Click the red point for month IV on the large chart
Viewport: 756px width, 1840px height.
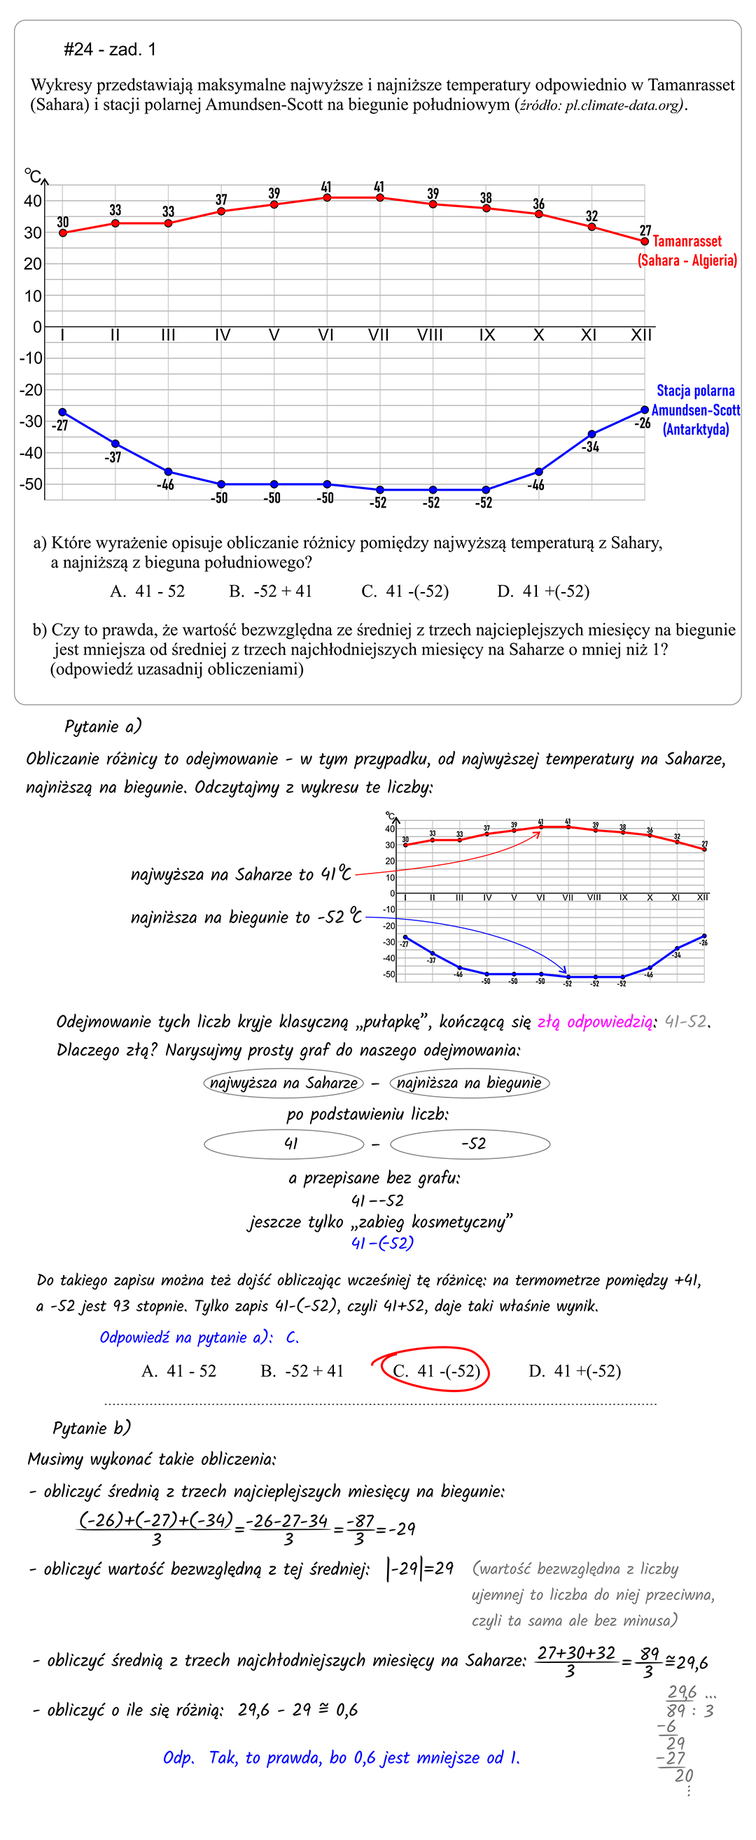[x=221, y=211]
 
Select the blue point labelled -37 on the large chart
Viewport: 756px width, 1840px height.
[x=115, y=444]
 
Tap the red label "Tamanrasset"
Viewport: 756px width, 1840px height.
[x=687, y=241]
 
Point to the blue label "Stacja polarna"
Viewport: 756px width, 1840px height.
[x=695, y=391]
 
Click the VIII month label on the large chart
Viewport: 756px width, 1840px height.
[x=430, y=335]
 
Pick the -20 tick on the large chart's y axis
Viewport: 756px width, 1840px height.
[x=31, y=390]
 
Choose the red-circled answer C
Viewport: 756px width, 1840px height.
[x=436, y=1370]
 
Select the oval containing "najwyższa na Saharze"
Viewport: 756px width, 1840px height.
[x=283, y=1083]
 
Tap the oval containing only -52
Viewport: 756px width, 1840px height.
[x=470, y=1144]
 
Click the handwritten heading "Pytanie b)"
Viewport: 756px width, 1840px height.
[x=92, y=1428]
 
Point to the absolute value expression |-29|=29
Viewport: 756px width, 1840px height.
[x=420, y=1568]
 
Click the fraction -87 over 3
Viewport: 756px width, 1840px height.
[x=358, y=1529]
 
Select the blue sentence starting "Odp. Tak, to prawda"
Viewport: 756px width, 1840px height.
[x=341, y=1758]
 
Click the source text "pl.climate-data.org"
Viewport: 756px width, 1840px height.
[x=622, y=106]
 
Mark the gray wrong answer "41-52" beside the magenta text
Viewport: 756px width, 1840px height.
[x=686, y=1022]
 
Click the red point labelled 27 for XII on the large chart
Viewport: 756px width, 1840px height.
[x=645, y=241]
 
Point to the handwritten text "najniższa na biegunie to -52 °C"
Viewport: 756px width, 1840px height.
[x=246, y=917]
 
